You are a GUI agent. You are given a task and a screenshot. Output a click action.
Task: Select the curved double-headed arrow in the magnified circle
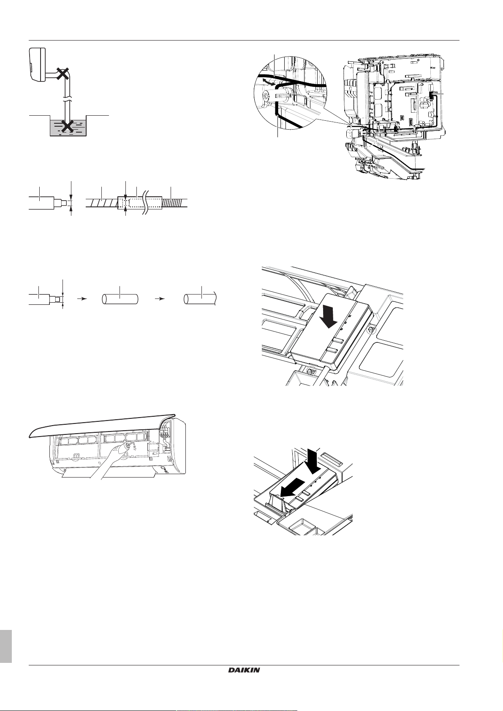265,81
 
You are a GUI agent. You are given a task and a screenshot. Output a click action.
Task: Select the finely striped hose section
175,203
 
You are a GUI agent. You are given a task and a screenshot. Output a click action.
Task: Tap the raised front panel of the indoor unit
101,424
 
